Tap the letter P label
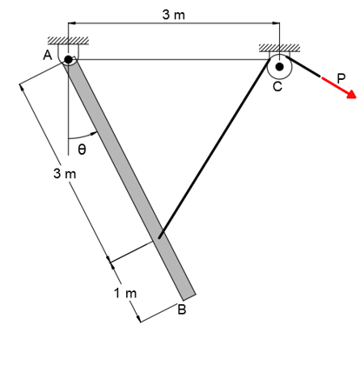342,76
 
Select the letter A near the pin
47,55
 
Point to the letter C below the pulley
277,87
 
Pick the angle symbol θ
82,150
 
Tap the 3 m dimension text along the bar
63,175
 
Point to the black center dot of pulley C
278,64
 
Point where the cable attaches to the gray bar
158,236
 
